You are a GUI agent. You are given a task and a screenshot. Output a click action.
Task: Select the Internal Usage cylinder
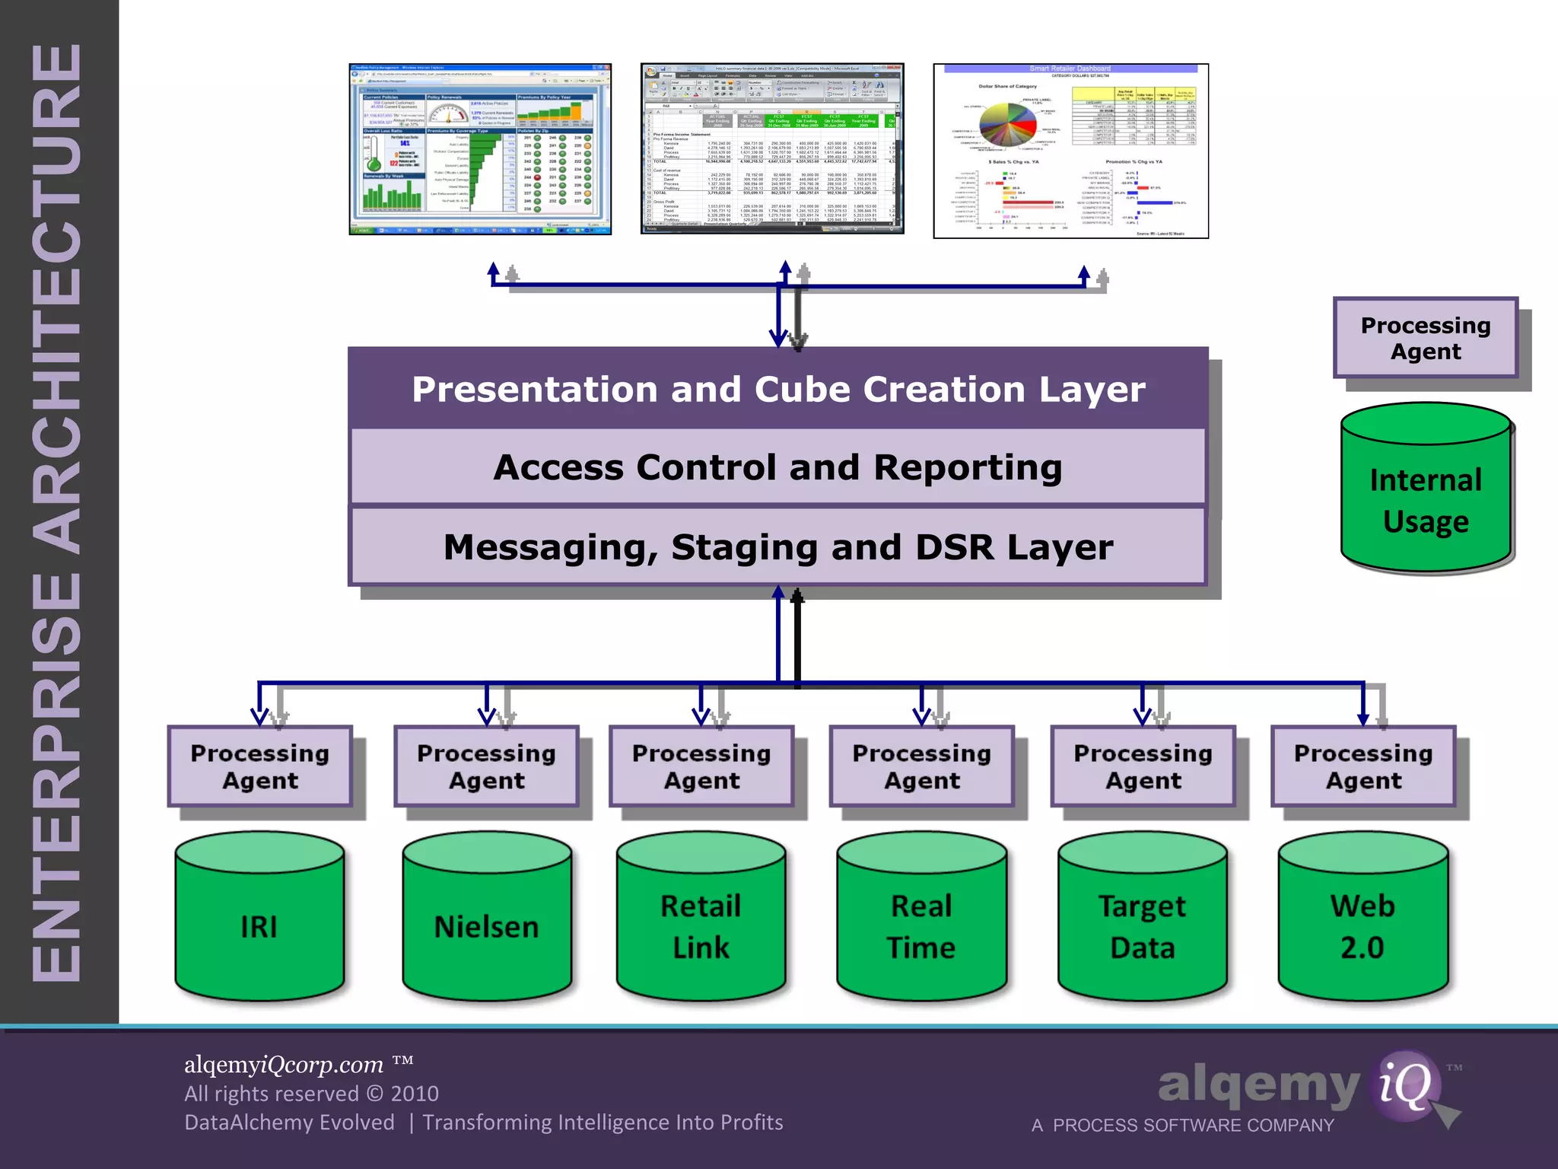[1426, 491]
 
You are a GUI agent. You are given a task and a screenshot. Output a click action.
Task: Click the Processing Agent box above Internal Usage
[1426, 338]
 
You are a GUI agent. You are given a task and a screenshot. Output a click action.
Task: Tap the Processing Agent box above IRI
[260, 766]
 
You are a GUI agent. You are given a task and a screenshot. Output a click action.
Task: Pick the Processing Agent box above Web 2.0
[1363, 766]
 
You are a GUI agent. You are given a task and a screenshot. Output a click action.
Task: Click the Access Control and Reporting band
[777, 467]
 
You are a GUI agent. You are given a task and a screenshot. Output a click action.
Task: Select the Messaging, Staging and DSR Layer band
[777, 546]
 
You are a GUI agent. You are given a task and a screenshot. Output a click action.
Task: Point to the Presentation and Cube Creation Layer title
[777, 389]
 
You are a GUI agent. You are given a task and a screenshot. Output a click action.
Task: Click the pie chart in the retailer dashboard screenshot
[1007, 123]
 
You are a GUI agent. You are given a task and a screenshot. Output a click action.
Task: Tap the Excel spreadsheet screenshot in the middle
[772, 149]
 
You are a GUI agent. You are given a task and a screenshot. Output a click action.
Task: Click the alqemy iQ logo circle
[1404, 1085]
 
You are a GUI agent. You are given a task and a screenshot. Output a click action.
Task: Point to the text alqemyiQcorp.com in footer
[284, 1064]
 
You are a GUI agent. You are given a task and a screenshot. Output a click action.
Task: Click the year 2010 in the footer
[414, 1094]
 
